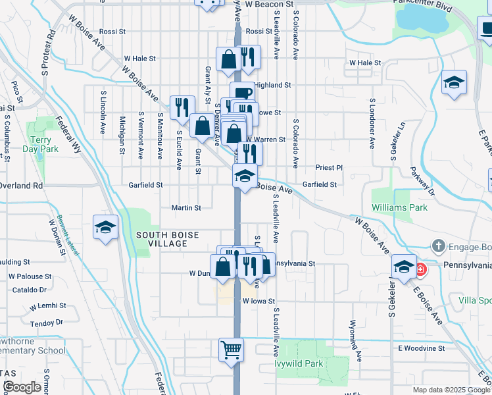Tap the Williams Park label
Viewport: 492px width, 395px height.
coord(399,207)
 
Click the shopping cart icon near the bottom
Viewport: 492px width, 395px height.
coord(231,350)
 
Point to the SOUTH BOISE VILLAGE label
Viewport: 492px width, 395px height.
coord(162,239)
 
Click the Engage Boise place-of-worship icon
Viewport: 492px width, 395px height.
coord(439,247)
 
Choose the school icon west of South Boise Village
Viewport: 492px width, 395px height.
coord(106,227)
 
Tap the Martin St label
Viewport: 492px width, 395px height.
coord(186,207)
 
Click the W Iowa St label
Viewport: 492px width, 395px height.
coord(257,300)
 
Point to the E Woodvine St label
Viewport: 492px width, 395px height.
coord(422,348)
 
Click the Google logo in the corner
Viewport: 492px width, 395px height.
coord(22,387)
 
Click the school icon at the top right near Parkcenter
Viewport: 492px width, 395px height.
coord(454,82)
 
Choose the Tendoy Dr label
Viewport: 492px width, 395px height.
coord(45,323)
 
